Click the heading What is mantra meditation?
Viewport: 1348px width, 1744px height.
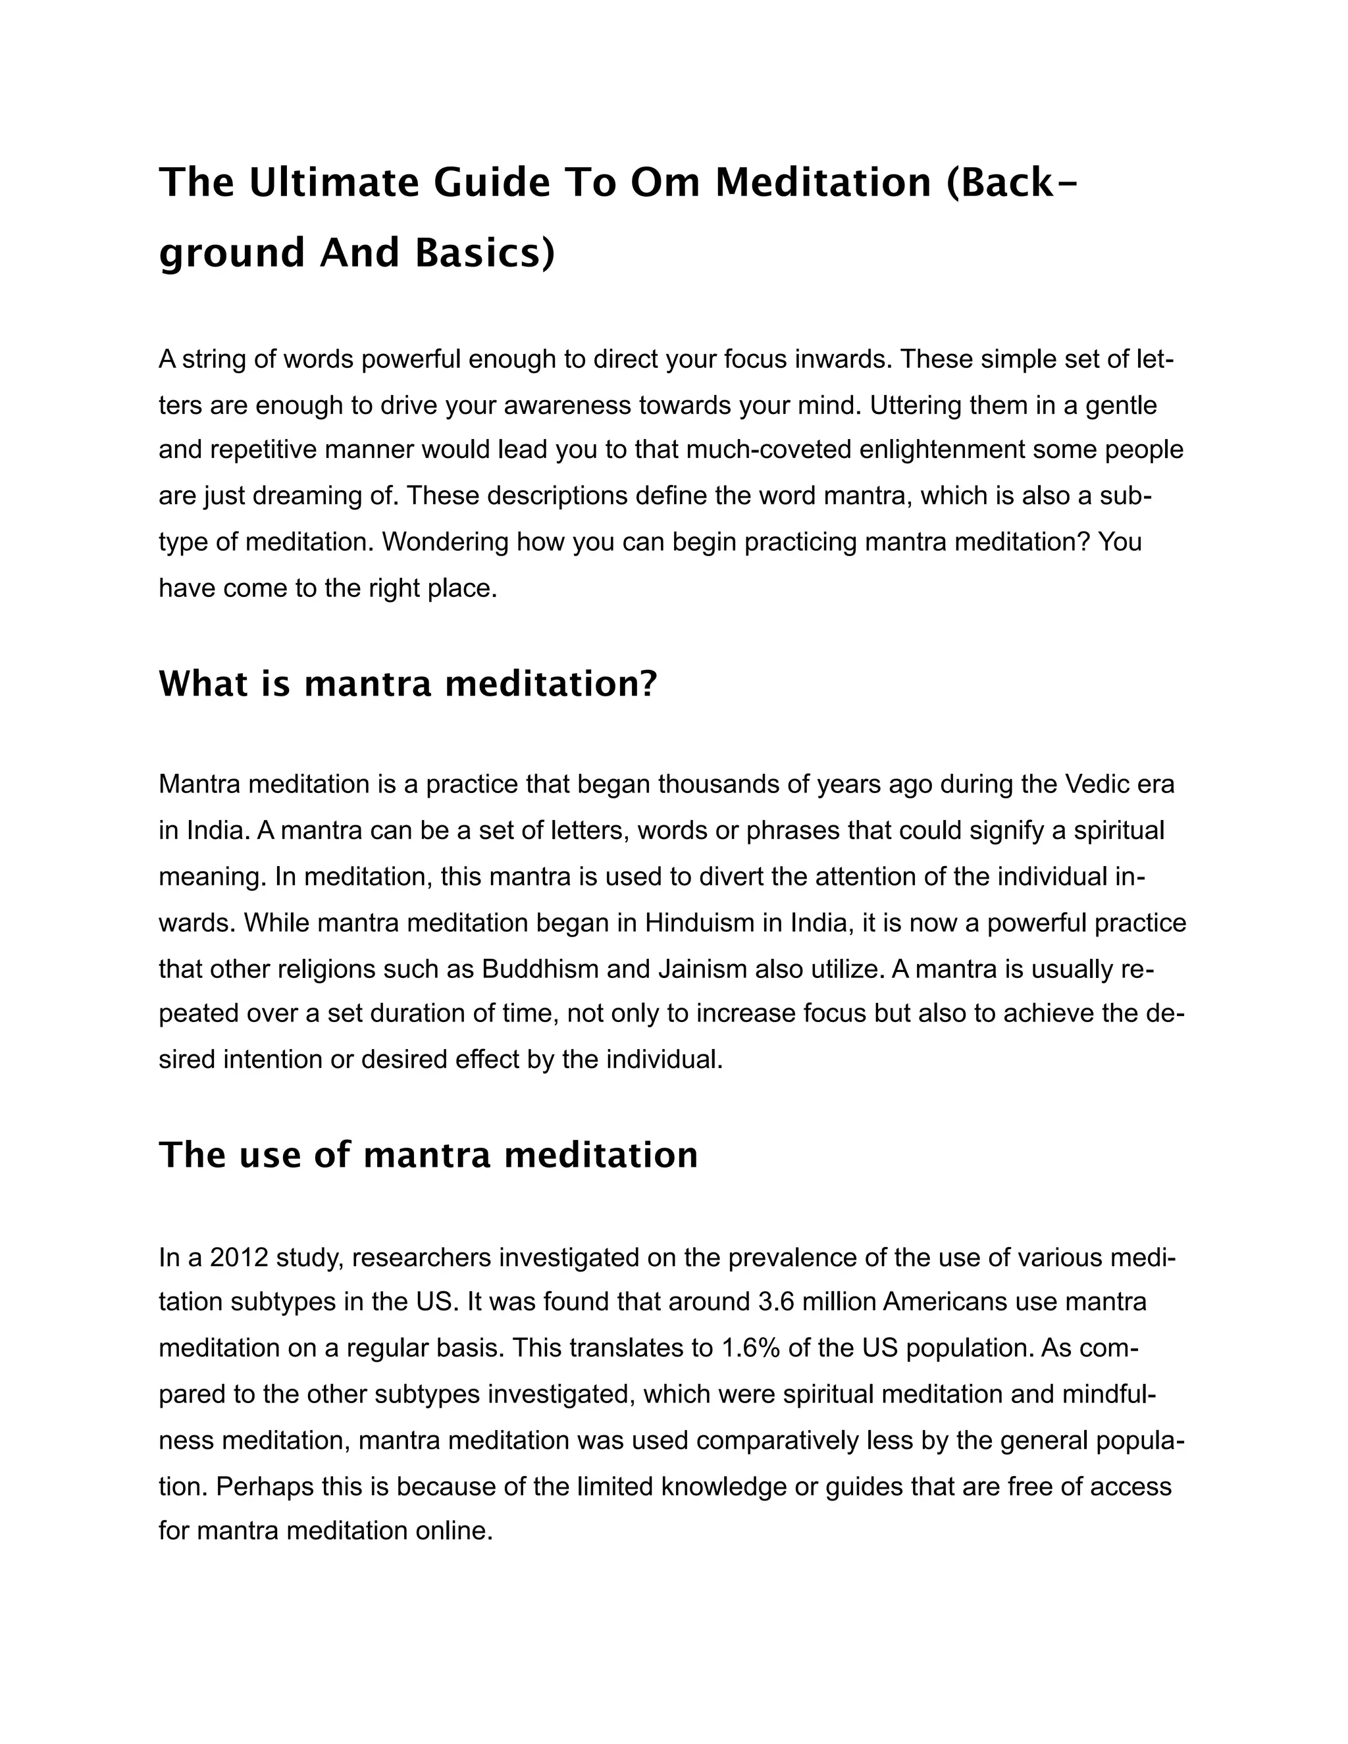point(407,684)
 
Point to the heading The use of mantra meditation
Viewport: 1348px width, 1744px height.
point(428,1156)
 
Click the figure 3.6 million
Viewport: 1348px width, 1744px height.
point(815,1302)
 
